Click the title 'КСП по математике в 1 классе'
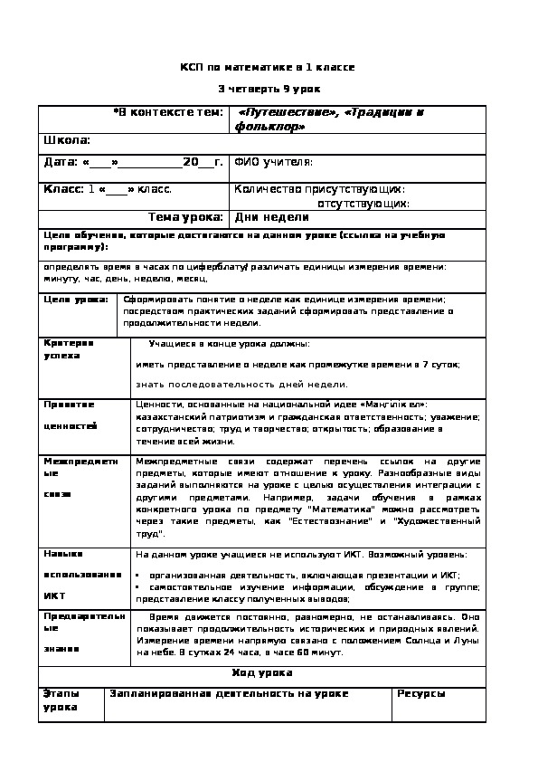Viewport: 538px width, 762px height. (x=268, y=67)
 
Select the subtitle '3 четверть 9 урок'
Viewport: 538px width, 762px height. (x=268, y=89)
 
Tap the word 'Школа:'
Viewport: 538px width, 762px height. (x=67, y=140)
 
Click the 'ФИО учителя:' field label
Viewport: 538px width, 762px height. (x=273, y=162)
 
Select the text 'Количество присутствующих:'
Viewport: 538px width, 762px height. (x=319, y=189)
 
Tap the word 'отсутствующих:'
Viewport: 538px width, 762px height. (x=363, y=204)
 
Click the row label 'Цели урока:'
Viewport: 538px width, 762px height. (x=76, y=299)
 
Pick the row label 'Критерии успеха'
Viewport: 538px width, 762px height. (x=69, y=349)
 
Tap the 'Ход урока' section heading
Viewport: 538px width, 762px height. (x=262, y=673)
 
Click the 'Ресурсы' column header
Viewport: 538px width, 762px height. (x=421, y=693)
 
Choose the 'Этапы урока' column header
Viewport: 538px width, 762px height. (x=61, y=700)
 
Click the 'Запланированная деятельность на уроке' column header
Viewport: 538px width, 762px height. (x=229, y=693)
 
